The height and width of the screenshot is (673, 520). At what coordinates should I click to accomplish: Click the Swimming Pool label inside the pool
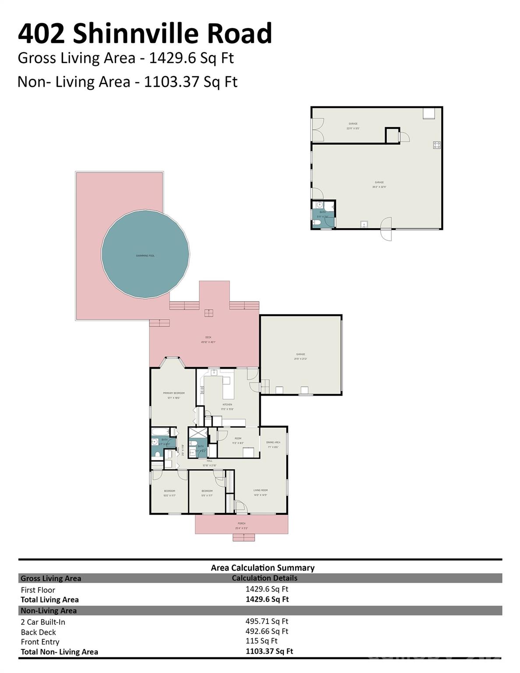145,256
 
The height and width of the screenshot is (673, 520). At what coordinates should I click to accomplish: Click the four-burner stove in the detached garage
436,145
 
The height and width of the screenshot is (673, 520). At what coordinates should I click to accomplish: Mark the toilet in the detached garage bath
317,223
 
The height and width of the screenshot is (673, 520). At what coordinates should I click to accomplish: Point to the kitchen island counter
226,380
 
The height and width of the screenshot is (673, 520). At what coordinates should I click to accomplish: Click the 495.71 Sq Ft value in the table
266,621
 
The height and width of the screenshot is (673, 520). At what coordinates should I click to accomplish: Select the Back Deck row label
39,632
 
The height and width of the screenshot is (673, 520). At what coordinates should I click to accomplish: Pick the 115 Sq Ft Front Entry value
261,641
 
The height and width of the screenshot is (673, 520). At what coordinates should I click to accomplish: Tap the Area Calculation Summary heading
262,568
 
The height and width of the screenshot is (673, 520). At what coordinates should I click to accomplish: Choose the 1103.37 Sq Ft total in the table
269,651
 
